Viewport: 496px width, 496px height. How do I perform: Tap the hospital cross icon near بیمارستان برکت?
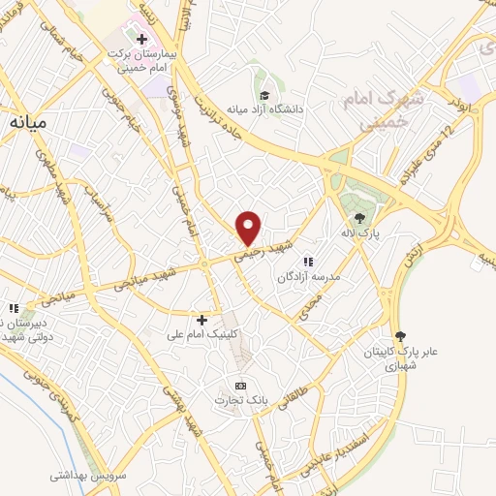tap(141, 40)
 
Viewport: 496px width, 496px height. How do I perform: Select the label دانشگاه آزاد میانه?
tap(264, 109)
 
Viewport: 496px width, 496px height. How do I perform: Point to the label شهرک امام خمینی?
tap(377, 112)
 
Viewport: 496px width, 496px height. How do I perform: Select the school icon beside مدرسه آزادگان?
tap(308, 262)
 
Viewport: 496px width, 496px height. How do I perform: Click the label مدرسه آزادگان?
tap(307, 277)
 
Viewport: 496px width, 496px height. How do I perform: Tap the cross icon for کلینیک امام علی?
tap(201, 319)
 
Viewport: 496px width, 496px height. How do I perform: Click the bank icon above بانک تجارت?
tap(241, 385)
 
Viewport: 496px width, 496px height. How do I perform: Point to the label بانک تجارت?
tap(241, 400)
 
